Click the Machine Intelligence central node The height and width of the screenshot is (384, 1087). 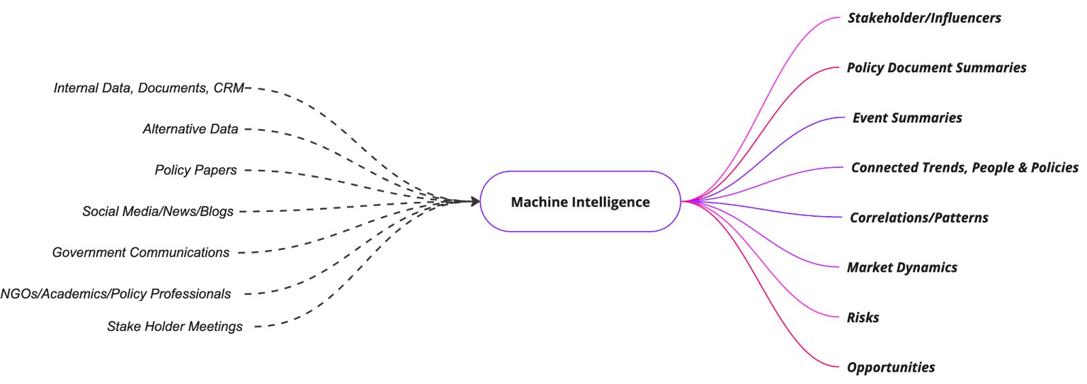(x=580, y=202)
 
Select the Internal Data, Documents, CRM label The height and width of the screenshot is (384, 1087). (x=148, y=88)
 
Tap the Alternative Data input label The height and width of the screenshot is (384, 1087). (x=190, y=129)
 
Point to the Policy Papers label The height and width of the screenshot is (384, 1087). (x=196, y=170)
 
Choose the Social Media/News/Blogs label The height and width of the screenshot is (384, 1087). (x=158, y=211)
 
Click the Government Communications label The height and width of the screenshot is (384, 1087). (x=141, y=253)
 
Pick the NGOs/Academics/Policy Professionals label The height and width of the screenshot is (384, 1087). (x=115, y=294)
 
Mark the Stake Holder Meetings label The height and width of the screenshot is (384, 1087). (x=175, y=327)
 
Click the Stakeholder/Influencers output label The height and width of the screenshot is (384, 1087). (x=924, y=18)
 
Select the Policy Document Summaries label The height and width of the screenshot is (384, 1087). (x=936, y=68)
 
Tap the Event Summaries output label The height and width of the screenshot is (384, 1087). (x=907, y=118)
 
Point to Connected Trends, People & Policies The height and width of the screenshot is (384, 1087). (x=964, y=168)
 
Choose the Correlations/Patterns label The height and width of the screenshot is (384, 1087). (x=919, y=218)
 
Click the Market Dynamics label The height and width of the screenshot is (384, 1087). (x=902, y=268)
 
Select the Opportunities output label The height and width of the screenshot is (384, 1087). (x=891, y=368)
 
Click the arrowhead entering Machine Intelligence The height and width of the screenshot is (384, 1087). (x=471, y=201)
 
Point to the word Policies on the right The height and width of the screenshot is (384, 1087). (x=1054, y=168)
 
